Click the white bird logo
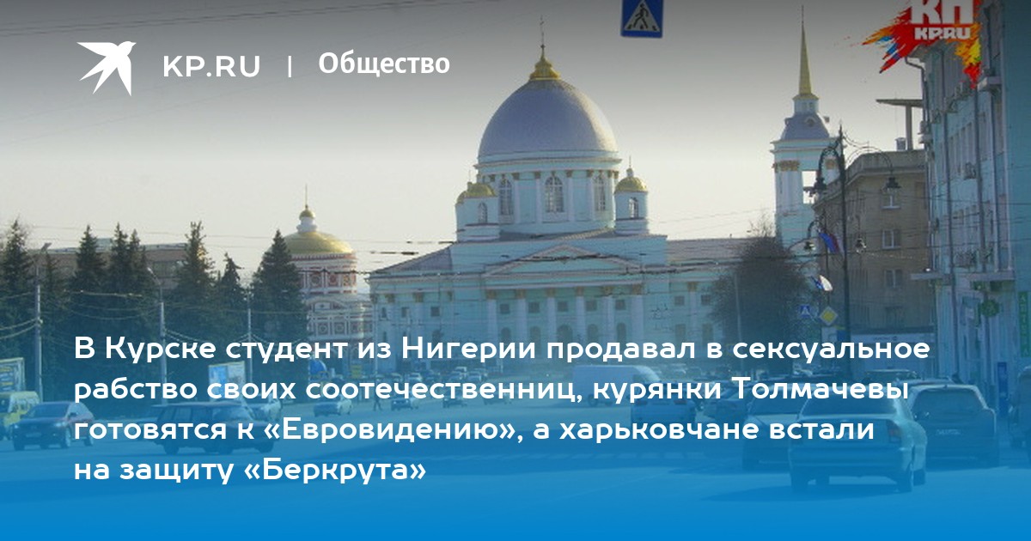click(107, 67)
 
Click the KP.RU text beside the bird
click(211, 66)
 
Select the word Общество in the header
click(384, 64)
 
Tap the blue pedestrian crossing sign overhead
click(642, 18)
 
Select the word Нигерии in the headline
click(469, 349)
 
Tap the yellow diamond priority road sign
click(828, 316)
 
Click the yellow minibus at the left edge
click(16, 411)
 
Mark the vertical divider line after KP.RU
click(290, 66)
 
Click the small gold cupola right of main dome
click(631, 183)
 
